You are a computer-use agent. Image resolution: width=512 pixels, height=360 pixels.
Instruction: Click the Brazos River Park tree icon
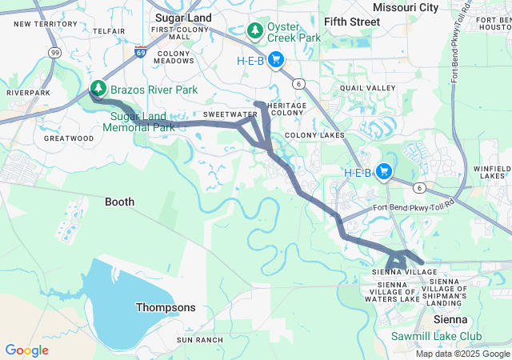pos(98,88)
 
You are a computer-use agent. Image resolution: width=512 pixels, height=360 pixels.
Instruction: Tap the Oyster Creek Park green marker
pos(255,31)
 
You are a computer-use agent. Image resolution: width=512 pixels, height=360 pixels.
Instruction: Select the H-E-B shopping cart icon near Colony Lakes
pos(384,171)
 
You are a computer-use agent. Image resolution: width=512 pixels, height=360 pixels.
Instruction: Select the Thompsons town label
pos(165,307)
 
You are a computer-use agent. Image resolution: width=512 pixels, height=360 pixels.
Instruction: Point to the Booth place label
pos(120,202)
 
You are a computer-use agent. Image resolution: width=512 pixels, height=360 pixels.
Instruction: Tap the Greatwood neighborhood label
pos(69,138)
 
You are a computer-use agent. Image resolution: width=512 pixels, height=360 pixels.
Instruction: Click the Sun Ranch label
pos(200,340)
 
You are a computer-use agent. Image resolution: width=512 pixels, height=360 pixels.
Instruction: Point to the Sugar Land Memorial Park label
pos(142,122)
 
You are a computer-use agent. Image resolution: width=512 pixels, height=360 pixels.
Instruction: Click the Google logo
pos(26,350)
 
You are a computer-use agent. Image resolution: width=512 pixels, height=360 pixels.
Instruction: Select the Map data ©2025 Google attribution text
pos(462,354)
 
